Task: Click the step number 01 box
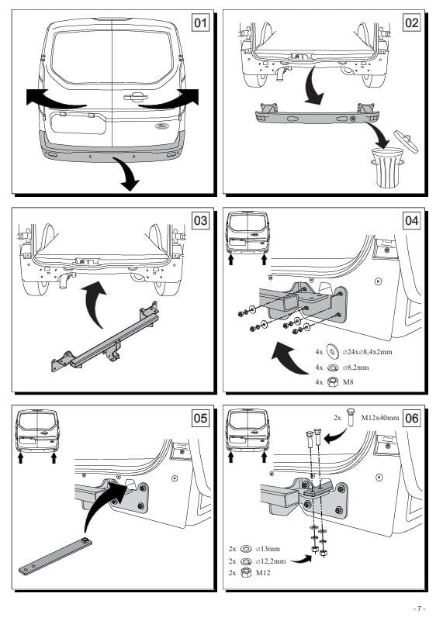(200, 22)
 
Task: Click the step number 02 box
(412, 22)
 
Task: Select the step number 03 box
(200, 220)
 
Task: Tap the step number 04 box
(412, 220)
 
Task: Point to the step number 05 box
(200, 418)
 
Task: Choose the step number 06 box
(412, 418)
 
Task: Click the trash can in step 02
(386, 167)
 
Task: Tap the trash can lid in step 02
(406, 141)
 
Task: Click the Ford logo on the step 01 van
(161, 126)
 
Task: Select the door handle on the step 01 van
(136, 97)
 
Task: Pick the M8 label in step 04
(348, 382)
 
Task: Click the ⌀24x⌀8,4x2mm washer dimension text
(367, 352)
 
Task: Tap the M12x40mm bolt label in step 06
(380, 417)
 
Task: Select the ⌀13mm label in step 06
(268, 549)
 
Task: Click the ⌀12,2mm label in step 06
(271, 561)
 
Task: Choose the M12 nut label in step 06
(263, 573)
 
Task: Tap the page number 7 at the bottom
(419, 609)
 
